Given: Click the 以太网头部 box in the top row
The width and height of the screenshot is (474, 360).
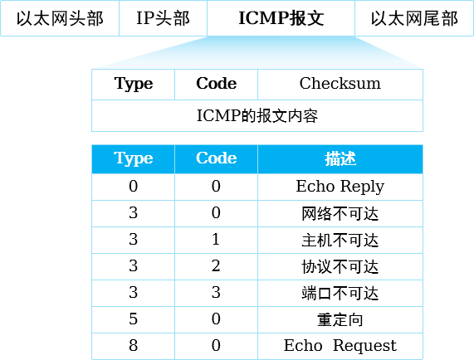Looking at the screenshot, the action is pyautogui.click(x=60, y=18).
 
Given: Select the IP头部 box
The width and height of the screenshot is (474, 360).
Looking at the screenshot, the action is pyautogui.click(x=164, y=18).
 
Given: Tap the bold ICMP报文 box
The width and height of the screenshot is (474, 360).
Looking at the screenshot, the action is pyautogui.click(x=281, y=18).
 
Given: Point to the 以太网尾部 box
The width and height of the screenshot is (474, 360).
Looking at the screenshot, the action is pyautogui.click(x=414, y=18).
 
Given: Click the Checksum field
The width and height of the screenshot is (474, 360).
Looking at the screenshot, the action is pyautogui.click(x=340, y=85).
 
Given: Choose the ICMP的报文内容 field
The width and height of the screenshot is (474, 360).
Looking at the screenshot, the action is pyautogui.click(x=257, y=115).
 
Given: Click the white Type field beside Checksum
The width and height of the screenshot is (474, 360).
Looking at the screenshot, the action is pyautogui.click(x=134, y=85).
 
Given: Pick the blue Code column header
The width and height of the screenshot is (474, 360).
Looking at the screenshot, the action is pyautogui.click(x=216, y=159).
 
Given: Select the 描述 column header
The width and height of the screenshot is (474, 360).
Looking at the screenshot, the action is pyautogui.click(x=340, y=159).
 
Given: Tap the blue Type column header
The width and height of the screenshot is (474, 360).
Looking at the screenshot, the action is pyautogui.click(x=134, y=159).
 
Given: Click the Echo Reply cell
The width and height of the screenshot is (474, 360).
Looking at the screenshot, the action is pyautogui.click(x=340, y=187).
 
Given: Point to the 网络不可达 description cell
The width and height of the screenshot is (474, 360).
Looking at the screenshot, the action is pyautogui.click(x=340, y=213).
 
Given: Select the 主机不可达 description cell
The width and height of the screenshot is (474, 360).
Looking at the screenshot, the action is pyautogui.click(x=340, y=240).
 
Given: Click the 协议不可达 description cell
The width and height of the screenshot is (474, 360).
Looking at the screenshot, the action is pyautogui.click(x=340, y=266).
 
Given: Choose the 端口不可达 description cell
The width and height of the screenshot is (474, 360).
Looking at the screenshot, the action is pyautogui.click(x=340, y=294).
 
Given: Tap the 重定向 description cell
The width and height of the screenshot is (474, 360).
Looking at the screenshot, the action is pyautogui.click(x=340, y=320).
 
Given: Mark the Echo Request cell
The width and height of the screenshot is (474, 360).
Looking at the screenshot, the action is pyautogui.click(x=340, y=346).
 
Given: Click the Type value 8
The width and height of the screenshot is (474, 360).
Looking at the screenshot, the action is pyautogui.click(x=134, y=346).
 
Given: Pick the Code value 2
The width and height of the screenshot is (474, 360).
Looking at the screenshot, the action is pyautogui.click(x=216, y=266).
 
